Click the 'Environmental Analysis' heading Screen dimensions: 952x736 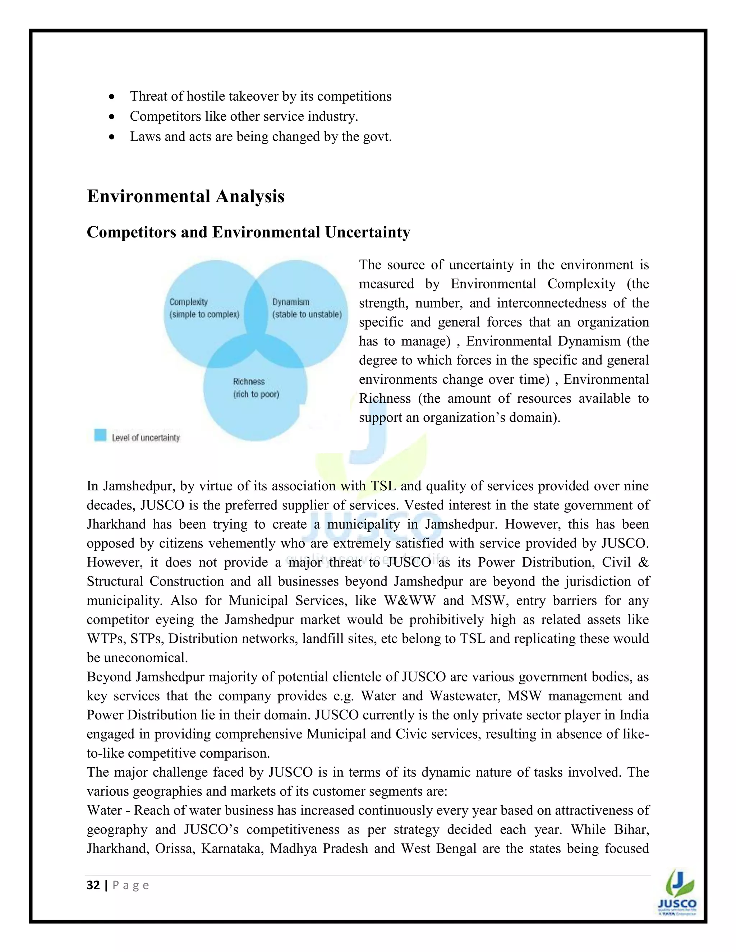click(x=185, y=196)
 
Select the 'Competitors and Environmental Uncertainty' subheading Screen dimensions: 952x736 click(x=248, y=232)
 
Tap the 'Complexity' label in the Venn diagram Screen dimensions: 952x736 click(x=188, y=302)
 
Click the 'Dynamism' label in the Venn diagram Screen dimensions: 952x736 click(x=291, y=302)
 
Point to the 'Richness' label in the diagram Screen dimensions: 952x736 click(x=249, y=382)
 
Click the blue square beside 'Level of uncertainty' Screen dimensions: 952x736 click(x=100, y=435)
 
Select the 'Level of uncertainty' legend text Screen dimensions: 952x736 click(x=146, y=438)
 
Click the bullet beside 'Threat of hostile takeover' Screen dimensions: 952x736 click(x=112, y=97)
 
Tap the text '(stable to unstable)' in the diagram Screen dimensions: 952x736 click(x=307, y=314)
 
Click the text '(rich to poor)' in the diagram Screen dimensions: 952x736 click(x=256, y=394)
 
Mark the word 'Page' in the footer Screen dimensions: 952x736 click(x=131, y=885)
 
